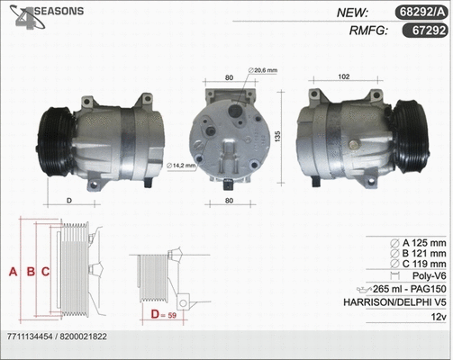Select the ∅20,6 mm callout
[265, 69]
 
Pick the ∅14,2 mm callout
[185, 165]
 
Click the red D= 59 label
[164, 315]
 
